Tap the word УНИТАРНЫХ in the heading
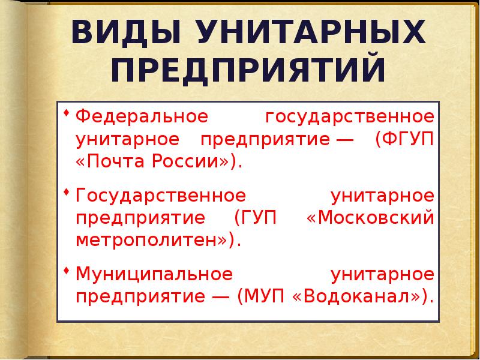tap(311, 32)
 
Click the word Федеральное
tap(142, 116)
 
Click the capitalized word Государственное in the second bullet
tap(161, 196)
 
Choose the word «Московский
tap(370, 218)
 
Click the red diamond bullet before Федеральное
tap(67, 113)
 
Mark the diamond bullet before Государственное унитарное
tap(67, 192)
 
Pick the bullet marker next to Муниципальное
tap(67, 271)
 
